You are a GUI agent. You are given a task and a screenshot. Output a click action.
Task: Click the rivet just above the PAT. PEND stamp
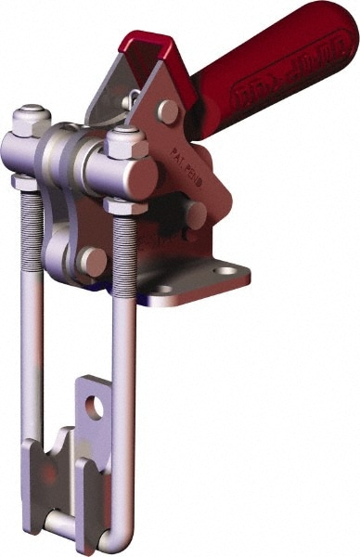click(x=169, y=112)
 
